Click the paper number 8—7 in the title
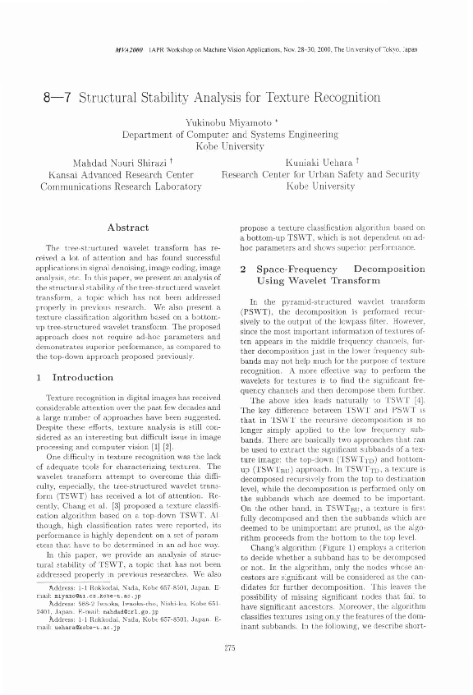point(64,93)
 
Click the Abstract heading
point(128,227)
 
